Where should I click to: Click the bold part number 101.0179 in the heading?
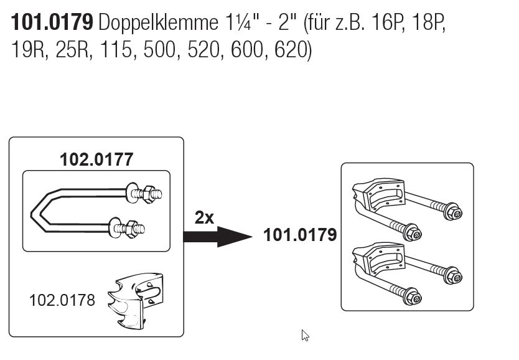click(52, 23)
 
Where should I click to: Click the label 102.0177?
click(96, 160)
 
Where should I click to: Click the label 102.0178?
click(62, 300)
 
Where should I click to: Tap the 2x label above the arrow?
click(204, 217)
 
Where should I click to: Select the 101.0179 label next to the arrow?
click(299, 235)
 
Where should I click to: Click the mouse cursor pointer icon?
click(305, 335)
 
